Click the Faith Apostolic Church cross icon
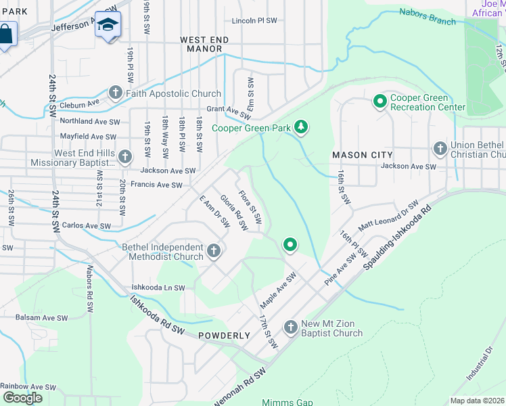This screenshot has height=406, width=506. coord(115,93)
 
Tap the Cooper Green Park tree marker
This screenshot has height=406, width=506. coord(302,127)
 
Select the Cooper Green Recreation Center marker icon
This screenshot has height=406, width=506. coord(379,101)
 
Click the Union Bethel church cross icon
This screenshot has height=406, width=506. coord(440,148)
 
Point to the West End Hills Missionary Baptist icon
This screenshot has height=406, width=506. coord(124,157)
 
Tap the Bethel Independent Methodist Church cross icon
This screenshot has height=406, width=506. coord(214,252)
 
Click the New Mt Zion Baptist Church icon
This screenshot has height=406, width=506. coord(291,328)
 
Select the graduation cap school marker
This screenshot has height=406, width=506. coord(108,25)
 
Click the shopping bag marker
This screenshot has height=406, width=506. coord(5,32)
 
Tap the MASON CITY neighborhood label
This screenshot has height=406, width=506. coord(358,155)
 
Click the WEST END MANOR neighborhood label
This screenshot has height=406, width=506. coord(204,45)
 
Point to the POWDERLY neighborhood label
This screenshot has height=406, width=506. coord(225,336)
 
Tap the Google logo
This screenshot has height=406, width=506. coord(22,398)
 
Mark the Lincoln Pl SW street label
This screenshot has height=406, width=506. coord(254,21)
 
